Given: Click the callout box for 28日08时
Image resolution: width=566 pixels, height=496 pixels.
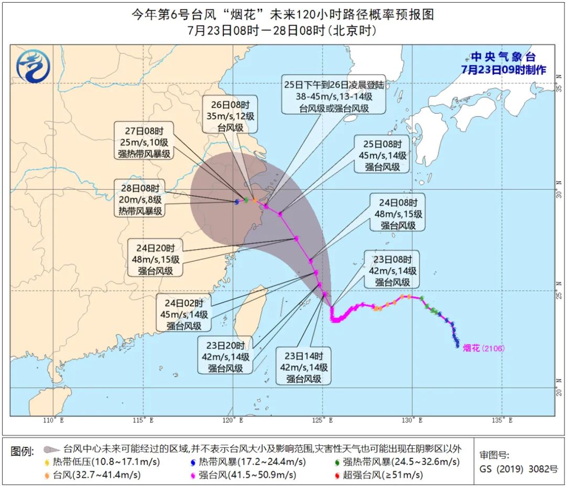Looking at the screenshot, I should (x=139, y=199).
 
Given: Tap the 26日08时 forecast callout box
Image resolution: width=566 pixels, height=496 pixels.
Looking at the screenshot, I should (x=231, y=115).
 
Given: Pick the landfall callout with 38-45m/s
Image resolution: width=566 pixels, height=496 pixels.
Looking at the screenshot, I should (x=334, y=95).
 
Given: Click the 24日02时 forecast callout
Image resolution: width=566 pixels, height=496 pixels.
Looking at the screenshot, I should (x=187, y=314).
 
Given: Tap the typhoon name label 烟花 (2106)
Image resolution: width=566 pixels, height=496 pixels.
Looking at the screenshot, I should (x=484, y=348).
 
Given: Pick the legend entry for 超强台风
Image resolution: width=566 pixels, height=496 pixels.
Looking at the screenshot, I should (x=377, y=475).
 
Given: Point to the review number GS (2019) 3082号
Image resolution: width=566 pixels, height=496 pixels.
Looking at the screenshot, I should (x=518, y=469).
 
